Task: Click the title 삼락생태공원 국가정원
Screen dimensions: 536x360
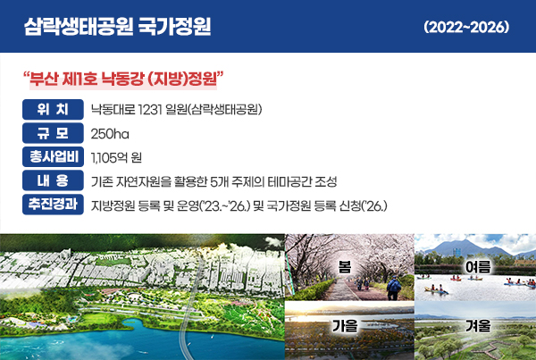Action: pos(118,27)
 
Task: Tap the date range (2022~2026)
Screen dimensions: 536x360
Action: pos(466,27)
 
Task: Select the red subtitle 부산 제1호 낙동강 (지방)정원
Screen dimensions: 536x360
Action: pos(123,79)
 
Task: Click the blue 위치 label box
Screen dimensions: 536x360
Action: pos(53,109)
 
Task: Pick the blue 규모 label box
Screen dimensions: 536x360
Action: pos(53,133)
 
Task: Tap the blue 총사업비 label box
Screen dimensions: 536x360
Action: pos(53,156)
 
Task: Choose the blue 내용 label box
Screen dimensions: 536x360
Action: pos(53,180)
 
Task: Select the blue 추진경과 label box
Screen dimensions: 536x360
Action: pos(53,205)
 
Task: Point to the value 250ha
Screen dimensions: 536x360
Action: pos(110,134)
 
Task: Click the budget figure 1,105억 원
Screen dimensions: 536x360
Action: pos(116,157)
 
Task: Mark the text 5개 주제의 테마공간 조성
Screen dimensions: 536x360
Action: pos(273,181)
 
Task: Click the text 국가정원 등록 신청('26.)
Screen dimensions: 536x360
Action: pos(326,205)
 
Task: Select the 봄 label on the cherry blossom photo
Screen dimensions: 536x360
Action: pos(345,267)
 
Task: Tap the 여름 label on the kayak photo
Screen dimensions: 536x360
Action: pos(478,267)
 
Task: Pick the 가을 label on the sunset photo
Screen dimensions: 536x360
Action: pos(345,326)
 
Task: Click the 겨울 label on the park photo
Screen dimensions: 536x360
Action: pos(478,326)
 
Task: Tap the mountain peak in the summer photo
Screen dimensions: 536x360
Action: pos(465,241)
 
